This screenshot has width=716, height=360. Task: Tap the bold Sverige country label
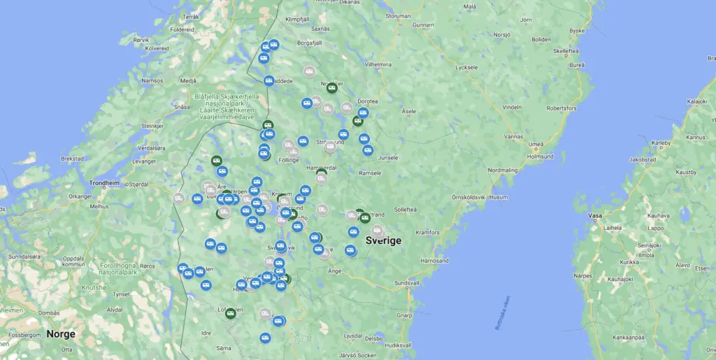click(383, 240)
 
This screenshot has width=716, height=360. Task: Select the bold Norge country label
click(61, 333)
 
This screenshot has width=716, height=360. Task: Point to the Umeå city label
click(536, 145)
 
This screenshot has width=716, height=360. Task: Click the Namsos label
click(152, 81)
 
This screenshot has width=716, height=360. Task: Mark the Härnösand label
click(434, 260)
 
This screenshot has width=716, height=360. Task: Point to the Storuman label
click(398, 15)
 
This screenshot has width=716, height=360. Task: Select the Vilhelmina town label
click(378, 64)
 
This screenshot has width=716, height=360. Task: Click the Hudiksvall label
click(398, 345)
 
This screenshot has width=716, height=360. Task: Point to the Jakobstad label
click(642, 159)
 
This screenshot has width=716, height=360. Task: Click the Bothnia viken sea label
click(503, 312)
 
